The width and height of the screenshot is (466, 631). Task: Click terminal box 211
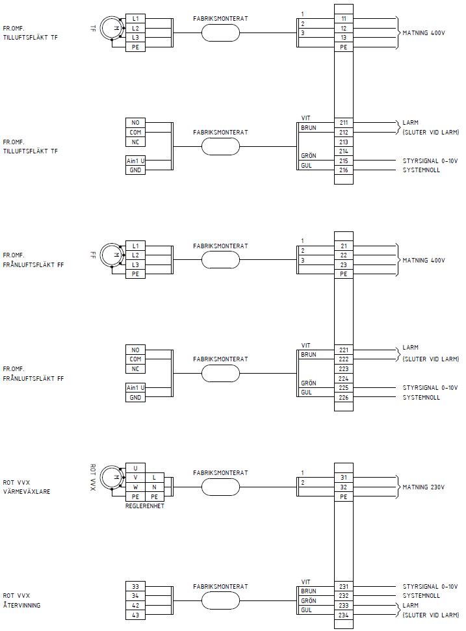point(343,122)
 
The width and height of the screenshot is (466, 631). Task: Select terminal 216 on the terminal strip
point(343,170)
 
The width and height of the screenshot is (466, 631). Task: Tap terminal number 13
point(343,38)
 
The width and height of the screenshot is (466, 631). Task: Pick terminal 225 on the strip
point(343,388)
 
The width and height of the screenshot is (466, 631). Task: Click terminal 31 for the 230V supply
point(343,477)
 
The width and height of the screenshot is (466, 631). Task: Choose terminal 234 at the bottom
point(343,615)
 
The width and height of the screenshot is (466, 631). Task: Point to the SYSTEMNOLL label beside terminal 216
point(421,170)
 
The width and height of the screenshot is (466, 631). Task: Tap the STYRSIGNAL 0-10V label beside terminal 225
point(430,388)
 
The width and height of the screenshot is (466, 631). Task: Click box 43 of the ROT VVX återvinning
point(135,615)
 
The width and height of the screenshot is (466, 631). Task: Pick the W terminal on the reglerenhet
point(135,487)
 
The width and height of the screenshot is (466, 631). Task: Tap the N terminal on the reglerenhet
point(154,487)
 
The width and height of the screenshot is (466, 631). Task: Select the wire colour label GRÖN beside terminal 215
point(308,156)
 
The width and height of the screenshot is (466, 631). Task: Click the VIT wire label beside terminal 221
point(305,345)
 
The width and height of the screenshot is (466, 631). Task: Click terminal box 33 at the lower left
point(135,586)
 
